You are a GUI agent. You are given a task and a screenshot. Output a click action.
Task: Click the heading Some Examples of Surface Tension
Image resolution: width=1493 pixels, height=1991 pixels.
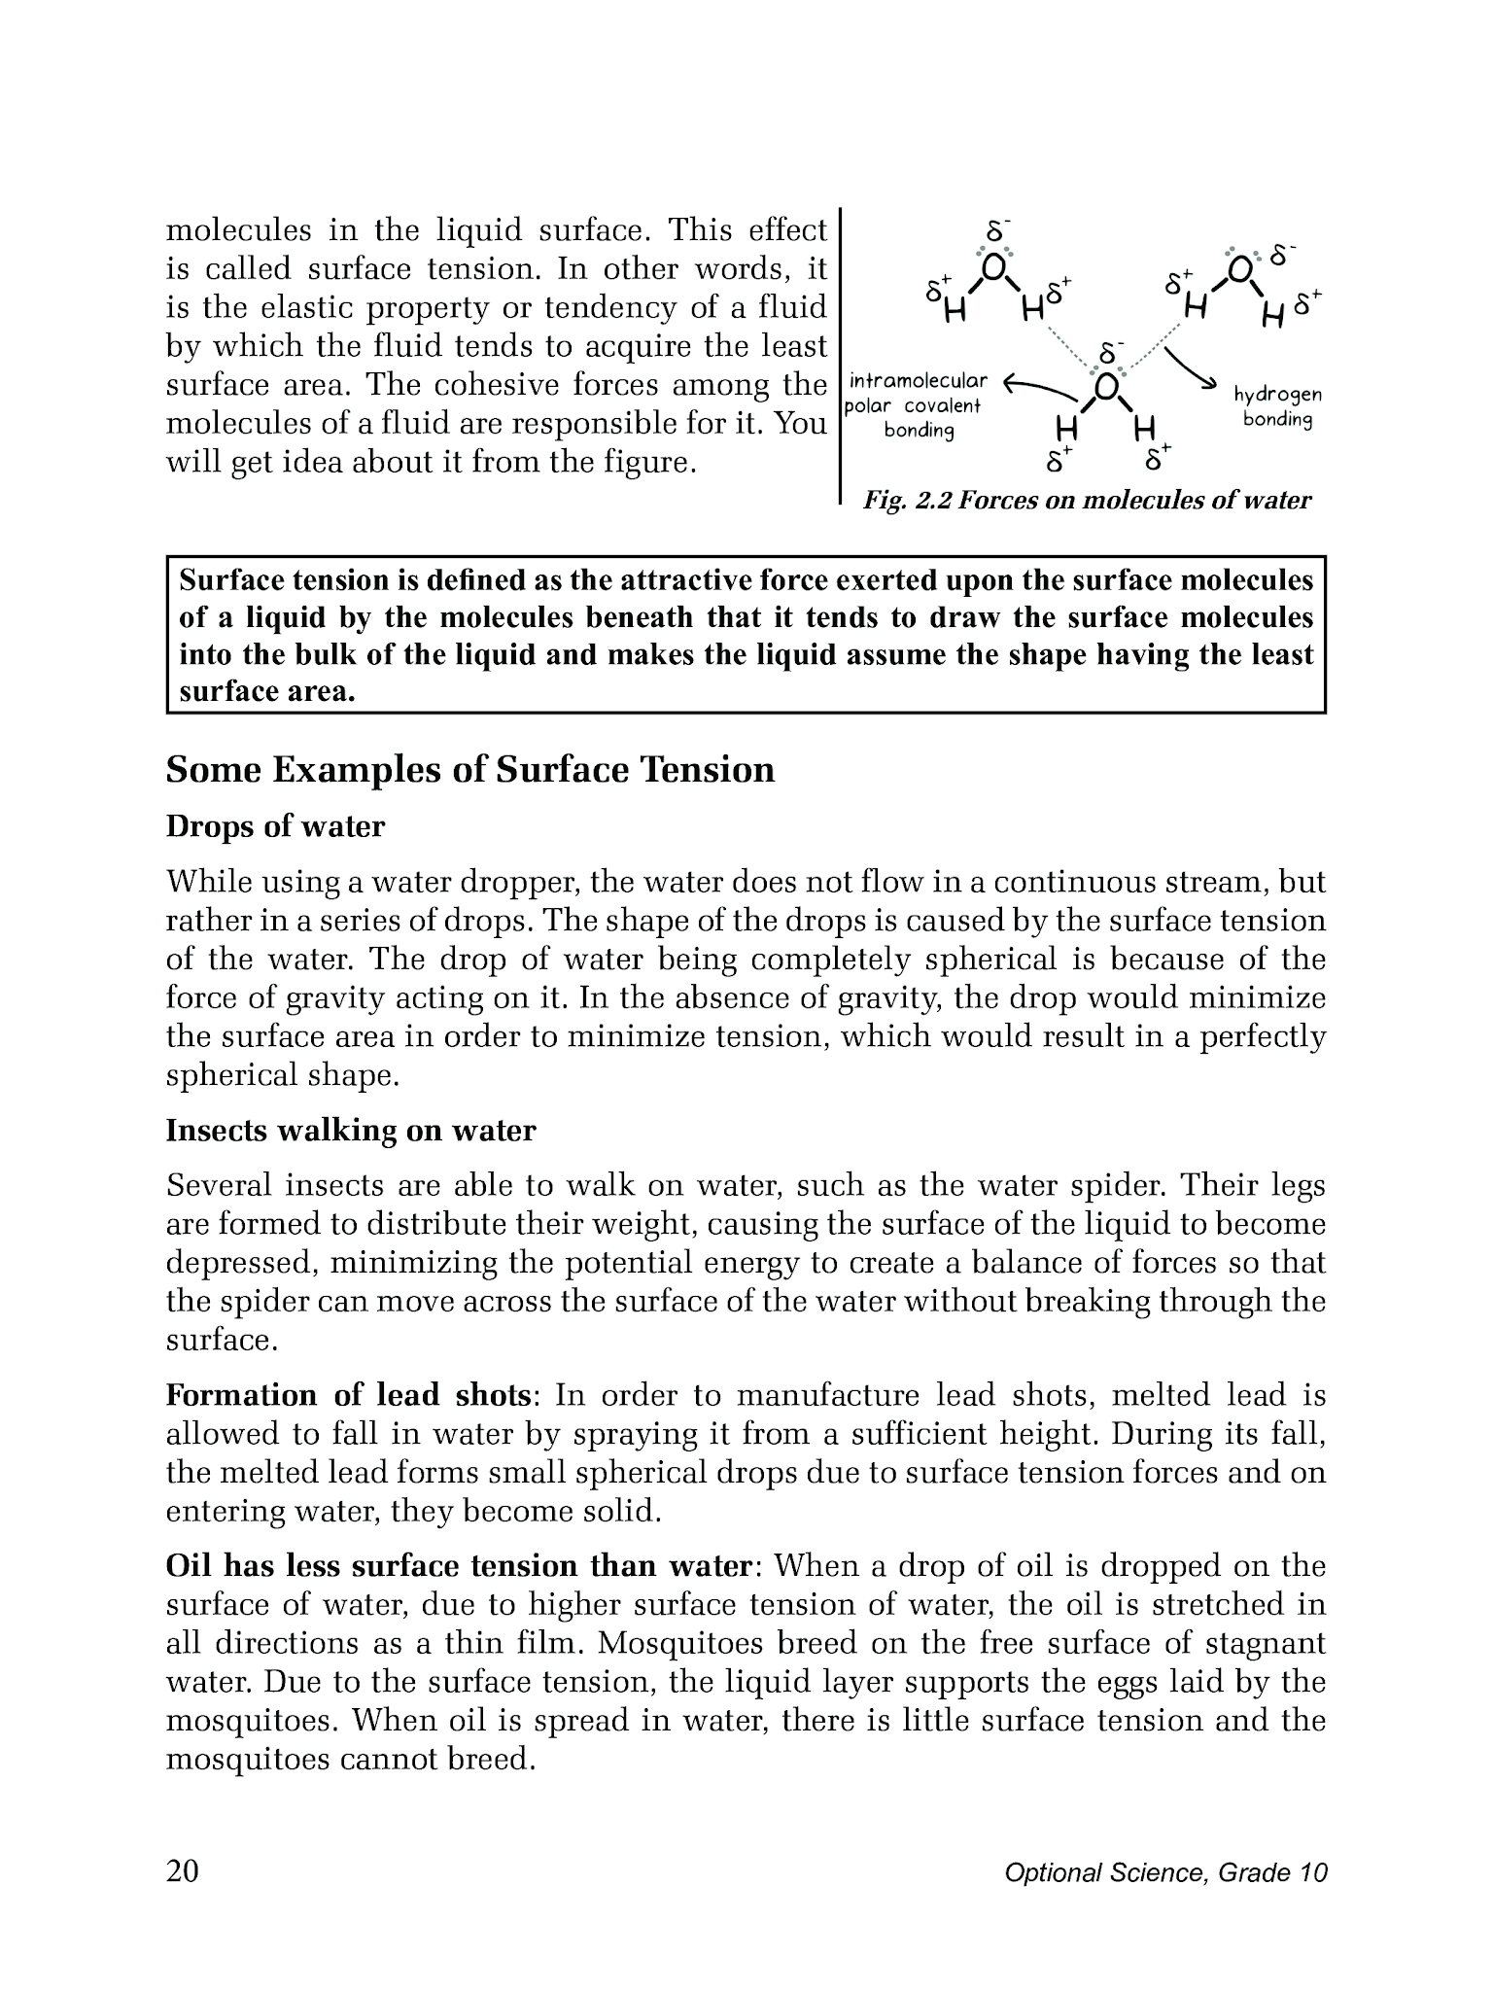coord(470,770)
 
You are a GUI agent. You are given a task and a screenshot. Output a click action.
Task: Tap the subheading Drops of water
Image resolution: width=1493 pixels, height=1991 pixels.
coord(275,826)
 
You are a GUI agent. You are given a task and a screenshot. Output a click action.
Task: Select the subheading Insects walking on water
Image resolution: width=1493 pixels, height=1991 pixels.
coord(351,1131)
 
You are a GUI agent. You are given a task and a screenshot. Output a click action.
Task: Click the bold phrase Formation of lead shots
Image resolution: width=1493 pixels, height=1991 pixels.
coord(350,1395)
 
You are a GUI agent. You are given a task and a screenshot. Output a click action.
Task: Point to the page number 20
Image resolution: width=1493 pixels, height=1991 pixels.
coord(183,1871)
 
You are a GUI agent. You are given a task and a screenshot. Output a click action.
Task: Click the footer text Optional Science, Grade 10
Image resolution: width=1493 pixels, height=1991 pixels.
coord(1165,1873)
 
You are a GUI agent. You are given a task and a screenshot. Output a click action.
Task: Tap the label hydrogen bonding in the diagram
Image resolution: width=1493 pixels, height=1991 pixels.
coord(1277,407)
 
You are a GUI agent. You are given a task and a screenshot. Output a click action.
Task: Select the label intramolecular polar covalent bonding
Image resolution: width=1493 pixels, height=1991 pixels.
coord(917,405)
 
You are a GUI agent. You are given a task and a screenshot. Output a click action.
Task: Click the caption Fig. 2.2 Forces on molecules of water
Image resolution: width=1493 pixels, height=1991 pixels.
coord(1087,501)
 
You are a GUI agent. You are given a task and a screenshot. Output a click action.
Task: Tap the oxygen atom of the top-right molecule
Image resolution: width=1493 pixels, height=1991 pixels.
coord(1240,267)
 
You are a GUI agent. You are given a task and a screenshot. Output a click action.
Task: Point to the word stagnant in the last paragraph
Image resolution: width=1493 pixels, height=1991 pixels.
coord(1265,1644)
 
